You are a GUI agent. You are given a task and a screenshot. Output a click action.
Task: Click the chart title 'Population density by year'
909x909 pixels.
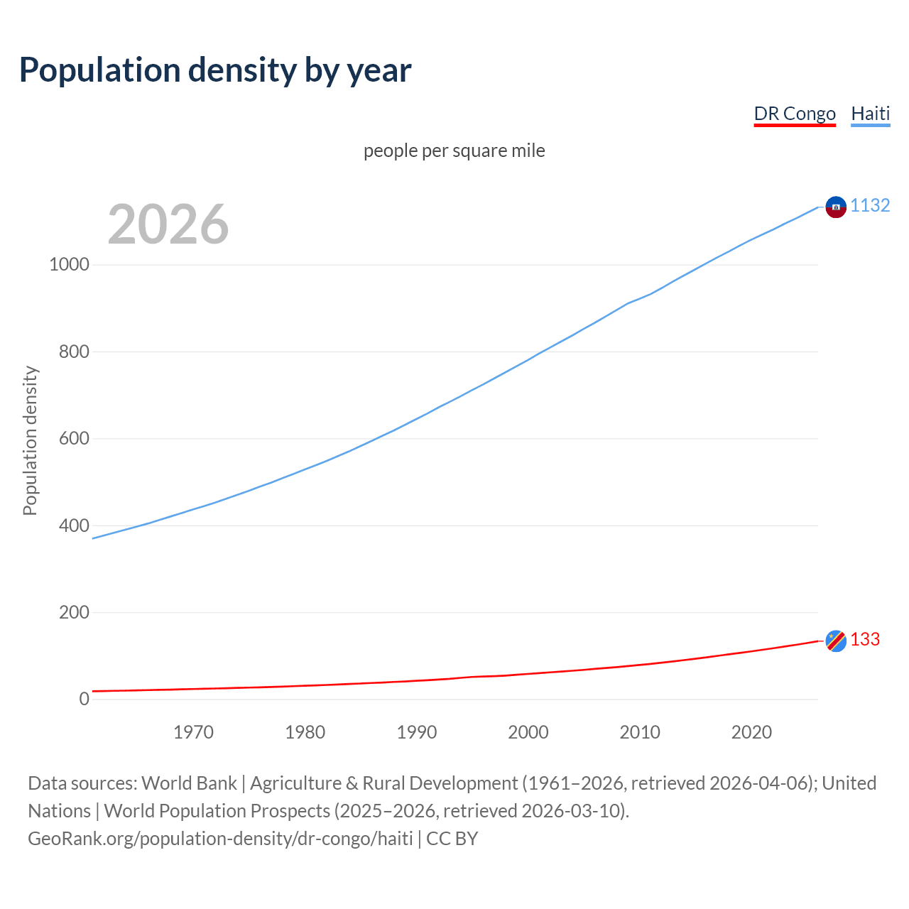[215, 70]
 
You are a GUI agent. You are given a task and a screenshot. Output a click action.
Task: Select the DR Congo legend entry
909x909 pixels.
[794, 114]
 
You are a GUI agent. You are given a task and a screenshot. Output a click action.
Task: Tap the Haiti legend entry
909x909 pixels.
[870, 114]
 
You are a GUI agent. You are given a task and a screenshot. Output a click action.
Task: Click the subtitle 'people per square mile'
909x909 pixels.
[454, 151]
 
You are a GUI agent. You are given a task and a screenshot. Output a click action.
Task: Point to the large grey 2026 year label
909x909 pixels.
[168, 224]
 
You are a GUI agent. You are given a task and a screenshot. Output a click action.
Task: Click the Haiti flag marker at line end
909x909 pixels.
[836, 207]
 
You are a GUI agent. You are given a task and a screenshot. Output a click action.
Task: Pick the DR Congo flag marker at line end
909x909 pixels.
[836, 641]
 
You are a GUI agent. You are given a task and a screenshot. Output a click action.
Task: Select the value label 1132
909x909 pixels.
[870, 205]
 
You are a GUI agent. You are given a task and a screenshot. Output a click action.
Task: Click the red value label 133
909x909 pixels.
[865, 639]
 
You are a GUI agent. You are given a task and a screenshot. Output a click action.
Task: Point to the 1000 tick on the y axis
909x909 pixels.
[69, 264]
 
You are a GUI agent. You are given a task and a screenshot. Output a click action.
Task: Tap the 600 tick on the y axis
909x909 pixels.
[74, 438]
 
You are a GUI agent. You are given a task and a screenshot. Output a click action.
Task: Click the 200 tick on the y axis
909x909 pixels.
[74, 612]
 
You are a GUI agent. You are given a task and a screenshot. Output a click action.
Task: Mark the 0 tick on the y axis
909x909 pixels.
[85, 699]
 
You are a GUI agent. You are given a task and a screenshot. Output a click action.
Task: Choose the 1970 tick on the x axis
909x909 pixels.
[193, 732]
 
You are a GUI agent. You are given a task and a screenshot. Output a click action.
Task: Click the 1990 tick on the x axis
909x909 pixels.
[417, 732]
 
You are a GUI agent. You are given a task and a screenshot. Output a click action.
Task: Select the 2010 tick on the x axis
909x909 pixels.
[640, 732]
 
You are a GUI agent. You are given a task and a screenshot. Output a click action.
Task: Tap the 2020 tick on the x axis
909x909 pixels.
[751, 732]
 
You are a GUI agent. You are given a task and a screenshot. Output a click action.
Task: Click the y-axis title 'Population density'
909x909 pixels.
[30, 440]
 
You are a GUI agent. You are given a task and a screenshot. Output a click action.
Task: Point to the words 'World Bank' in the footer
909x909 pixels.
[189, 783]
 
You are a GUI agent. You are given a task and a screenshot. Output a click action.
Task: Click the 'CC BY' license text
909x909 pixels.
[452, 838]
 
